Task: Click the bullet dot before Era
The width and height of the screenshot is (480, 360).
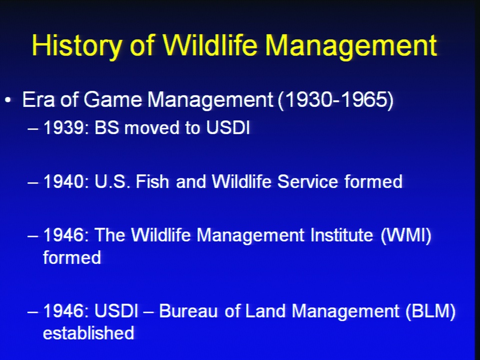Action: point(8,100)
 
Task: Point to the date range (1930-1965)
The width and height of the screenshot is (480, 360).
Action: point(335,100)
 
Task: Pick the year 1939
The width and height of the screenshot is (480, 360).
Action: point(63,127)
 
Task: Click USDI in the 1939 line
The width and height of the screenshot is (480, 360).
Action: point(228,127)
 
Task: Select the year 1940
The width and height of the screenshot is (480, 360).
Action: point(63,181)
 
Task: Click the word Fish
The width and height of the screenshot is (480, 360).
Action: point(152,181)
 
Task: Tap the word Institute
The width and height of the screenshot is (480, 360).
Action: point(341,235)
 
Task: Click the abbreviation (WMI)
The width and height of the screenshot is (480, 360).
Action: point(406,235)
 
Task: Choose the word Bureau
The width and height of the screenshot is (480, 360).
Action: point(188,311)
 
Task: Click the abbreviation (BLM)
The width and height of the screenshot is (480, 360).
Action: point(430,311)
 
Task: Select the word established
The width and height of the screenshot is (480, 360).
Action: point(88,333)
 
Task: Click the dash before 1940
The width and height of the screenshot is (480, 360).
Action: point(33,183)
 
